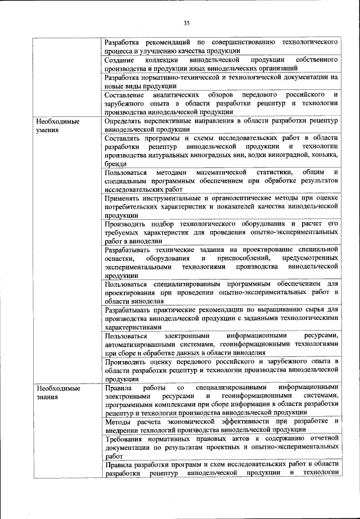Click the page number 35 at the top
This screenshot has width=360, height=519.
tap(187, 23)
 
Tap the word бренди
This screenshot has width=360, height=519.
tap(115, 163)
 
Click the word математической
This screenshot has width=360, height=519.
tap(219, 172)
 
